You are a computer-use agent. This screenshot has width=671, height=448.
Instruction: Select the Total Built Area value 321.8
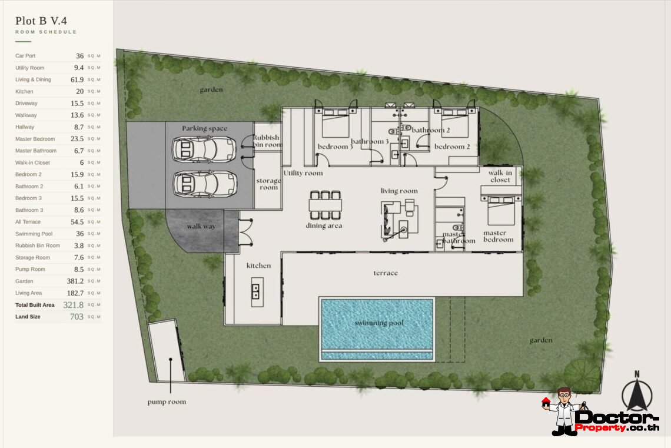[x=74, y=305]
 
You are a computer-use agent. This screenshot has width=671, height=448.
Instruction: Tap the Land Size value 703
[x=77, y=317]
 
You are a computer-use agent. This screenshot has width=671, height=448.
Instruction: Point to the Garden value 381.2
[x=74, y=281]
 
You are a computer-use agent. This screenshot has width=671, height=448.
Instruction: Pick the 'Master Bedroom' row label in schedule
[x=35, y=139]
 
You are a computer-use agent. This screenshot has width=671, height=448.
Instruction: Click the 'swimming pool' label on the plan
[x=378, y=323]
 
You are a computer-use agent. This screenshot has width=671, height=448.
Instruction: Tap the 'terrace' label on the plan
[x=386, y=273]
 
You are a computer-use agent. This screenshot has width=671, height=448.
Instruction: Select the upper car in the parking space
[x=204, y=150]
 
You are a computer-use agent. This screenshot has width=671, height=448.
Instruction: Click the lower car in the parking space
[x=204, y=184]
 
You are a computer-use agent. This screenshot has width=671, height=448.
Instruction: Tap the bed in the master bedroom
[x=501, y=211]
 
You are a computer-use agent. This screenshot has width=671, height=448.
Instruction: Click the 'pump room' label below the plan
[x=167, y=402]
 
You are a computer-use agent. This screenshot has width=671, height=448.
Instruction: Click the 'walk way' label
[x=201, y=227]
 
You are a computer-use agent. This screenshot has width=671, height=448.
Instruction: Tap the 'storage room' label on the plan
[x=268, y=184]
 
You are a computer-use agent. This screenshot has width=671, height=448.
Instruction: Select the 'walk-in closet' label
[x=500, y=176]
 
